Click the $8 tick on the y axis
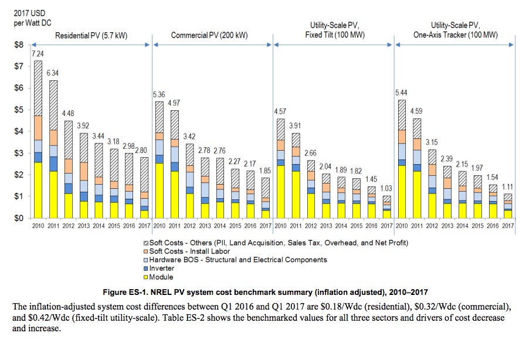(19, 45)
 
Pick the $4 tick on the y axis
(19, 131)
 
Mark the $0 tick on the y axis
(19, 218)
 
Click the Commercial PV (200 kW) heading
(209, 35)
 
